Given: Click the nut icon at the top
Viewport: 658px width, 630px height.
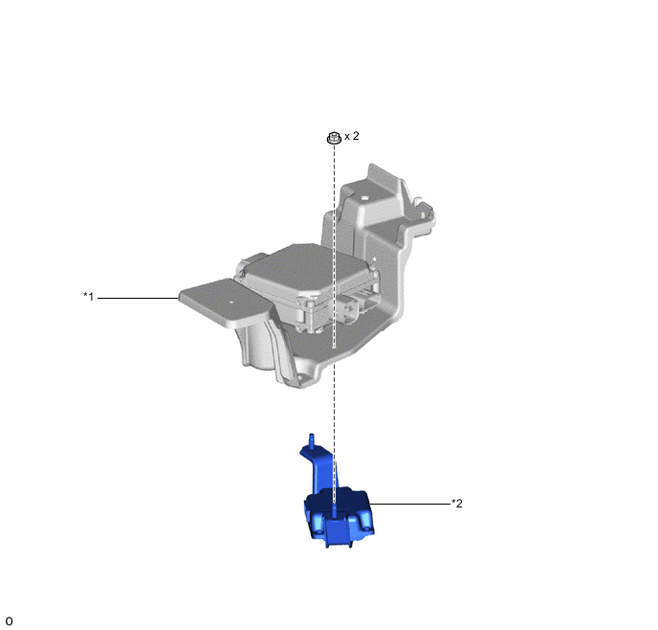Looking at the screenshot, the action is pos(334,137).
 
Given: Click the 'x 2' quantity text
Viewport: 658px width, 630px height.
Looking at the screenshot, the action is pos(352,136).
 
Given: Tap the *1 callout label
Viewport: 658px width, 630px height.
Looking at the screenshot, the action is pos(89,297).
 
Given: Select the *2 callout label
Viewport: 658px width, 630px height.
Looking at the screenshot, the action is pos(457,503).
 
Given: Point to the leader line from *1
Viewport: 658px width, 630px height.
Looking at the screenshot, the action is pos(138,298).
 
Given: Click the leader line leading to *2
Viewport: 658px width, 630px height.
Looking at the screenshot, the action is pos(409,504).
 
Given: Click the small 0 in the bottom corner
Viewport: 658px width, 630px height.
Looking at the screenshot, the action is pos(9,621).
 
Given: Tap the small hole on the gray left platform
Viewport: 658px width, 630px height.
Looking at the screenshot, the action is pos(230,302).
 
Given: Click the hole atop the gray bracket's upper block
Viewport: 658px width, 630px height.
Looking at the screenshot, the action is pos(364,198).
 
